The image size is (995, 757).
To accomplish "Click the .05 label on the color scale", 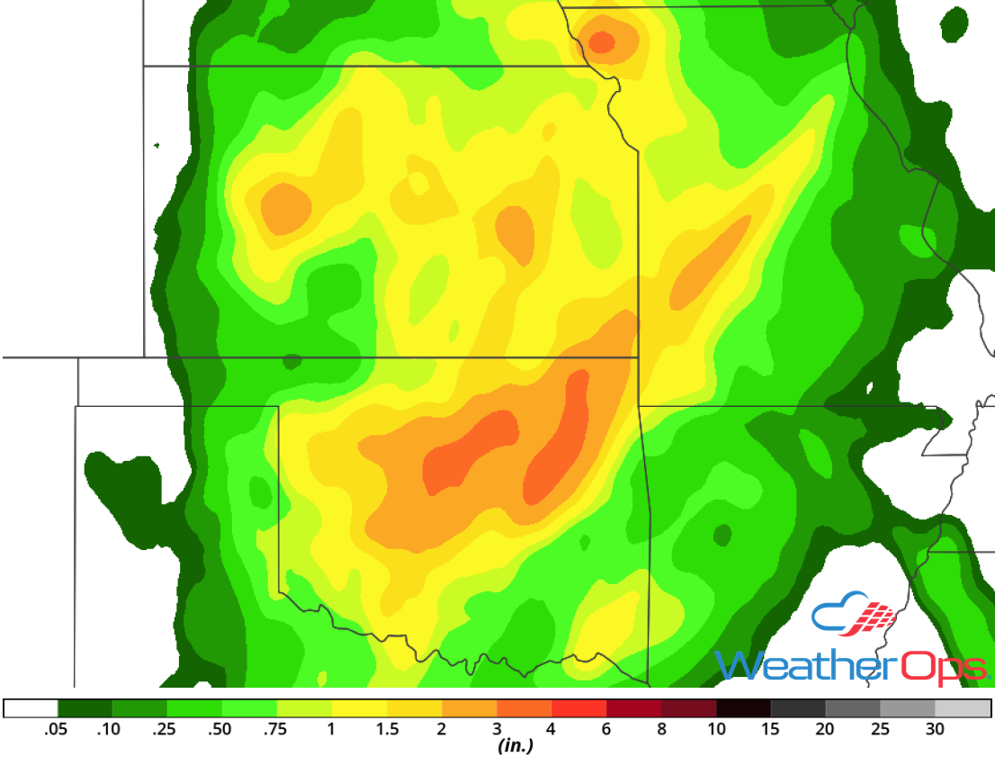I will [x=57, y=729].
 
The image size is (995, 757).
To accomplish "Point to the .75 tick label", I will [x=274, y=729].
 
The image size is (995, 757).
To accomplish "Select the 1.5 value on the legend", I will [x=388, y=729].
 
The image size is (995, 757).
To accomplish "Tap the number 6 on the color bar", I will [x=606, y=729].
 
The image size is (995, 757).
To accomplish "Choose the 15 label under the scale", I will [x=771, y=729].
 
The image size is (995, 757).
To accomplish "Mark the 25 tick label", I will [x=880, y=729].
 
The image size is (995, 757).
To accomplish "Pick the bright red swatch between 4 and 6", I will [x=579, y=708].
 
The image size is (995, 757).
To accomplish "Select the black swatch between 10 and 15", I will [x=744, y=708].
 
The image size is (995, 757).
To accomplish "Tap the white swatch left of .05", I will [x=31, y=708].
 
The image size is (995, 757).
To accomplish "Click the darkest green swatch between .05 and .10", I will [x=85, y=708].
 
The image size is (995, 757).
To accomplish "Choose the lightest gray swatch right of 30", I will [x=964, y=708].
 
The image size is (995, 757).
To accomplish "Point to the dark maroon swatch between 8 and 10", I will [x=689, y=708].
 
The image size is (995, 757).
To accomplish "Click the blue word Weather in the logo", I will [x=806, y=667].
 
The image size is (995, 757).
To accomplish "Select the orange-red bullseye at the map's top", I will [x=601, y=41].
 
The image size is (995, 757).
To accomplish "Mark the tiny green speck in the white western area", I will [x=157, y=145].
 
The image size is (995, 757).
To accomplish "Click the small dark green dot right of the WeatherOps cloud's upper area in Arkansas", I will [x=722, y=535].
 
